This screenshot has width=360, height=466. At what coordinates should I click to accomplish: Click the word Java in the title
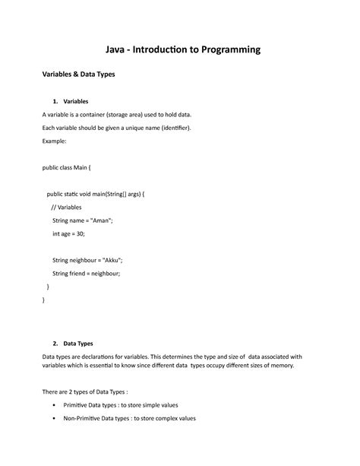[116, 49]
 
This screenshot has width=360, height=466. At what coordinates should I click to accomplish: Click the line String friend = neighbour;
[86, 274]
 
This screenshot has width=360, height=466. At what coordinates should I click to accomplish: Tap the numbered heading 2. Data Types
[73, 343]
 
